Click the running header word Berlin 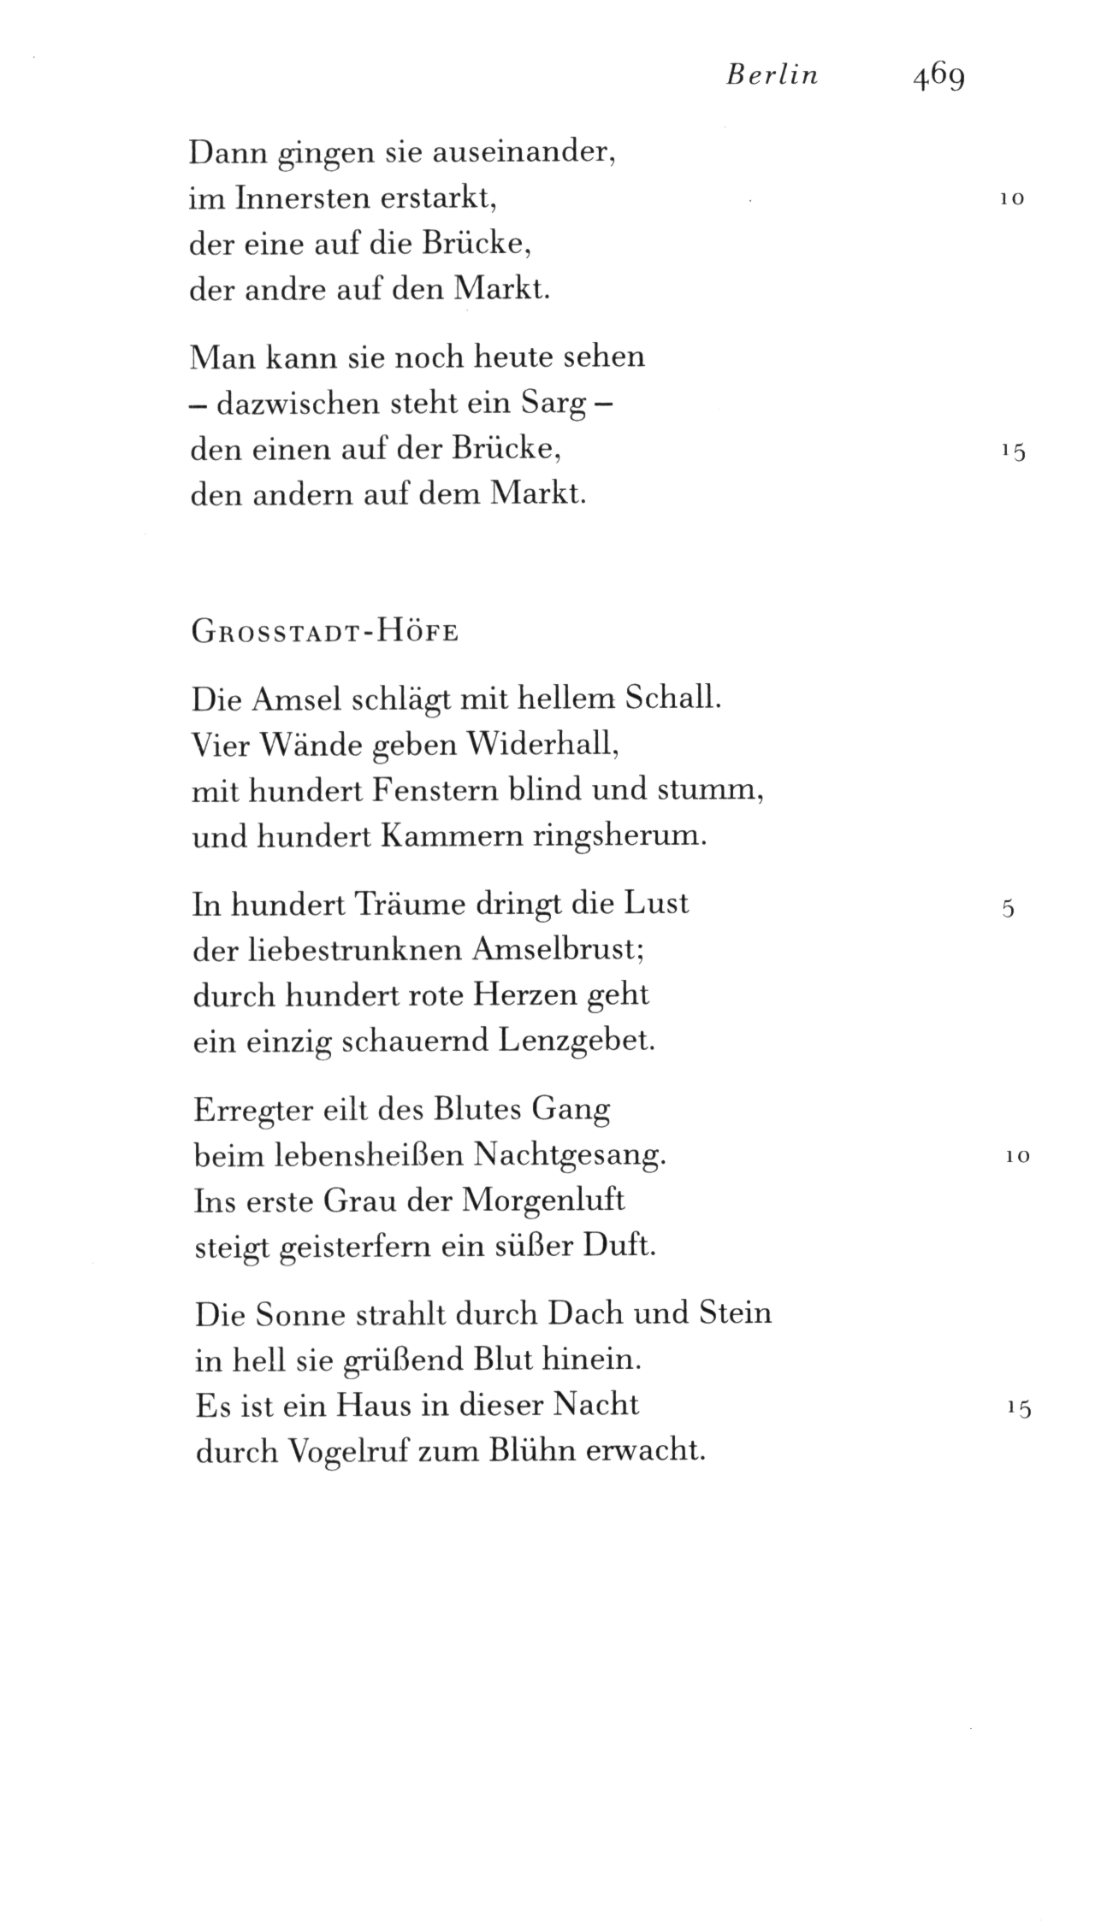coord(772,76)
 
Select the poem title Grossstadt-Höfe coord(325,633)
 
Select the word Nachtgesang coord(569,1156)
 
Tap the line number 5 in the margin coord(1008,909)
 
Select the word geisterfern coord(341,1247)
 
